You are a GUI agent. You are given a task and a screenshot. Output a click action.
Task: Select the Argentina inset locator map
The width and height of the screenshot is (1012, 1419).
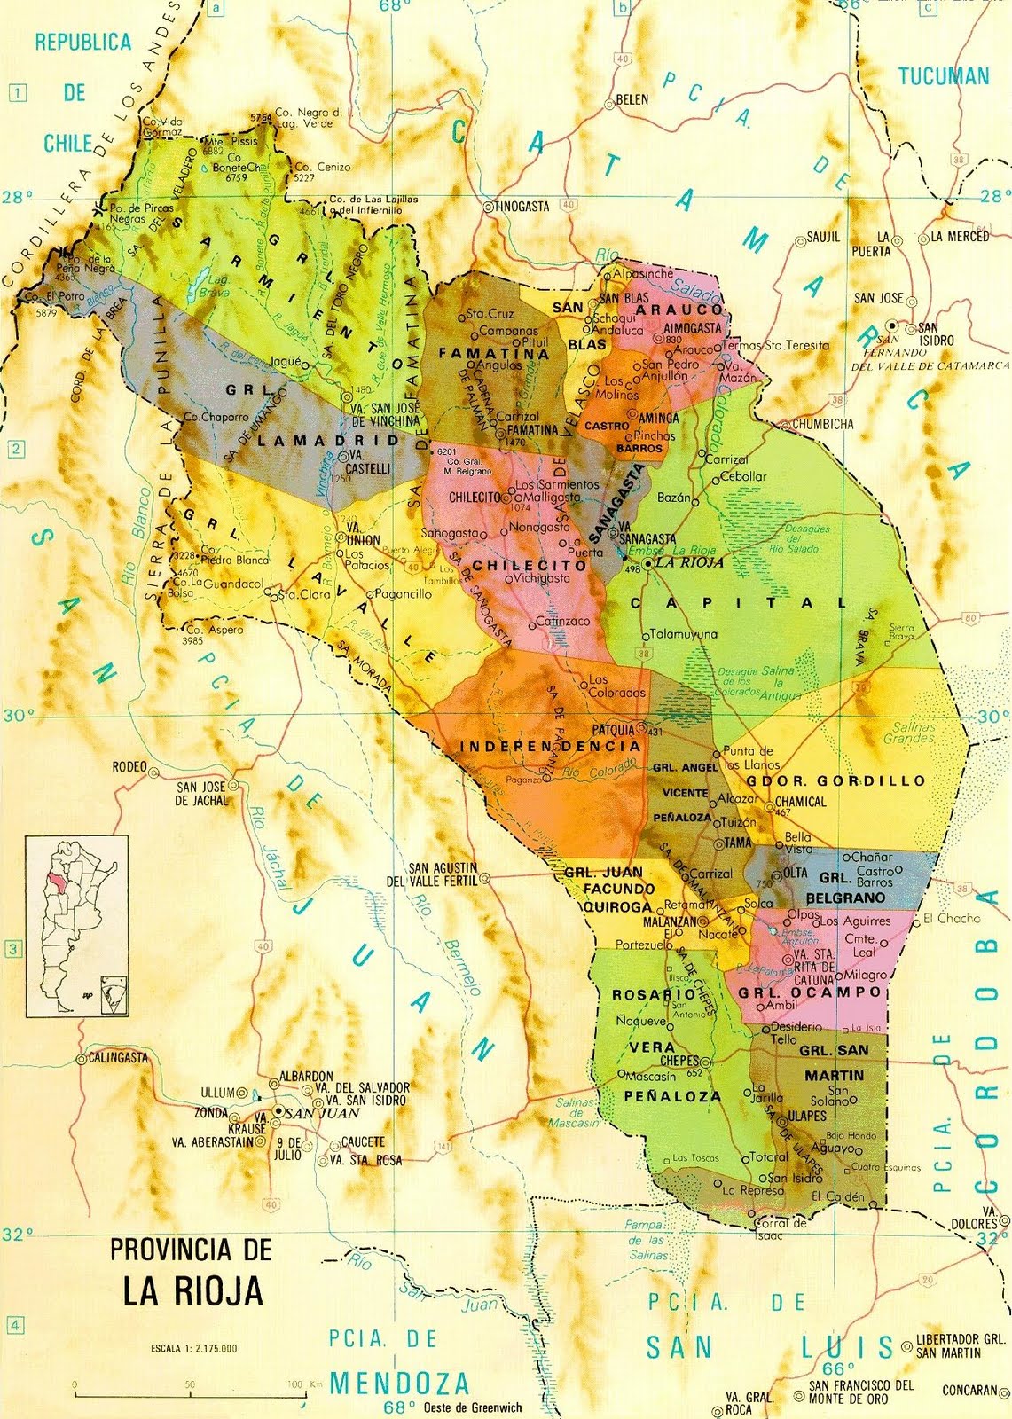pyautogui.click(x=76, y=925)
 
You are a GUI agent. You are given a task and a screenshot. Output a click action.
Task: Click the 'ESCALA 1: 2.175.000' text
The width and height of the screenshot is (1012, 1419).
pyautogui.click(x=193, y=1349)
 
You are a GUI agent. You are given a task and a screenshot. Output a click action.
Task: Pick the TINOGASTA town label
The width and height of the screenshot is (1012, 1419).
pyautogui.click(x=522, y=206)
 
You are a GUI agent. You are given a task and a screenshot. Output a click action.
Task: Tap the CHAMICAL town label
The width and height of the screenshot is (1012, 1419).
pyautogui.click(x=800, y=802)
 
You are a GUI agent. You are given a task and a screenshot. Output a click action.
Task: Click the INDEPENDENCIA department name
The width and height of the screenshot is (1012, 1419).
pyautogui.click(x=550, y=747)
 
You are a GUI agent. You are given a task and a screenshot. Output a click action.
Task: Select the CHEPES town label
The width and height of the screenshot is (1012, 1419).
pyautogui.click(x=679, y=1061)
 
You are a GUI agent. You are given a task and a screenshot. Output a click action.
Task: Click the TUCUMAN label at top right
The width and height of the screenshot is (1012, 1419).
pyautogui.click(x=944, y=76)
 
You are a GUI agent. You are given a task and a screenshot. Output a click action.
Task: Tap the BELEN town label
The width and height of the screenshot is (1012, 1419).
pyautogui.click(x=632, y=99)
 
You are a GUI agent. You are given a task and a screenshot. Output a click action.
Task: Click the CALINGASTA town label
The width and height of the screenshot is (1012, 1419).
pyautogui.click(x=118, y=1058)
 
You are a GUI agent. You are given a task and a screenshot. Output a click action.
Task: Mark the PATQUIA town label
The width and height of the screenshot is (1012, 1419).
pyautogui.click(x=614, y=729)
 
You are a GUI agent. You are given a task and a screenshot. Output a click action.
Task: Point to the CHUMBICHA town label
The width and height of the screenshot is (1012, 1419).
pyautogui.click(x=823, y=424)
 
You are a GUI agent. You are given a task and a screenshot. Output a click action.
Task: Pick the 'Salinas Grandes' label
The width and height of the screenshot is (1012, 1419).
pyautogui.click(x=909, y=733)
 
